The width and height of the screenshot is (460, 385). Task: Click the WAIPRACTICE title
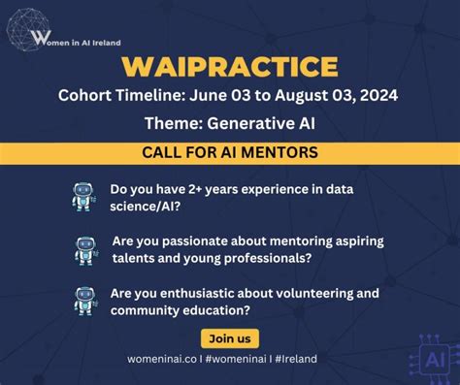pyautogui.click(x=230, y=67)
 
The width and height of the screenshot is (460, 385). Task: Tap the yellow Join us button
pyautogui.click(x=229, y=338)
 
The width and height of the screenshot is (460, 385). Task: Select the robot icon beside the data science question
pyautogui.click(x=83, y=197)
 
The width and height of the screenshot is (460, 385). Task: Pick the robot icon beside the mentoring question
pyautogui.click(x=85, y=249)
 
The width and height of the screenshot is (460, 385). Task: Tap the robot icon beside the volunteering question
pyautogui.click(x=85, y=301)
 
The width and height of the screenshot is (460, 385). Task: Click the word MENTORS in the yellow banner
pyautogui.click(x=282, y=152)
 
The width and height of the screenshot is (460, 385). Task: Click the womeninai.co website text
pyautogui.click(x=163, y=359)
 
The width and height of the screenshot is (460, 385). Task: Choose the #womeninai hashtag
pyautogui.click(x=234, y=359)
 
